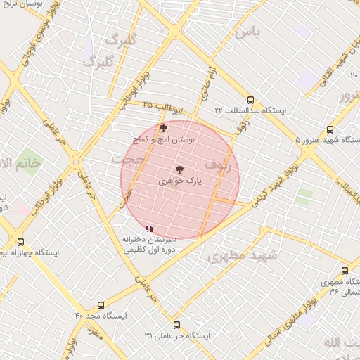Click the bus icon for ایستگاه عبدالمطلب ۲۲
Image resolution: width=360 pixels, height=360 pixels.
(x=251, y=100)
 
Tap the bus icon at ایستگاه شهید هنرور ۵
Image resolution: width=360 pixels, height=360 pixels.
(x=330, y=129)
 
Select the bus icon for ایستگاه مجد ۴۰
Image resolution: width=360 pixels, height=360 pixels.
(x=101, y=306)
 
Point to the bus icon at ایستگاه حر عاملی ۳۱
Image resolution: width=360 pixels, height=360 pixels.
(x=176, y=326)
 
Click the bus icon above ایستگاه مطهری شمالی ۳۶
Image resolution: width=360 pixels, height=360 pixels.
(x=345, y=271)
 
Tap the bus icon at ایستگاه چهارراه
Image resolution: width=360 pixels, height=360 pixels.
(x=20, y=241)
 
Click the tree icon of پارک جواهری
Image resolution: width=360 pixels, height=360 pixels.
(x=179, y=169)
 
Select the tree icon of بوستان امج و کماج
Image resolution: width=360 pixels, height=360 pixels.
(x=164, y=128)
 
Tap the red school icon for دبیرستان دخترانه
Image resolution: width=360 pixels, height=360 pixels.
(x=148, y=229)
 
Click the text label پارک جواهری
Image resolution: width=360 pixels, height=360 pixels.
(x=179, y=181)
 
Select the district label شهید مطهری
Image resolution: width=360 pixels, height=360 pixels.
(x=243, y=257)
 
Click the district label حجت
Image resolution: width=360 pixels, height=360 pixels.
(x=128, y=159)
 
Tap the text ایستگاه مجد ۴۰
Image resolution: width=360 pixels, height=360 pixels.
(x=101, y=316)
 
